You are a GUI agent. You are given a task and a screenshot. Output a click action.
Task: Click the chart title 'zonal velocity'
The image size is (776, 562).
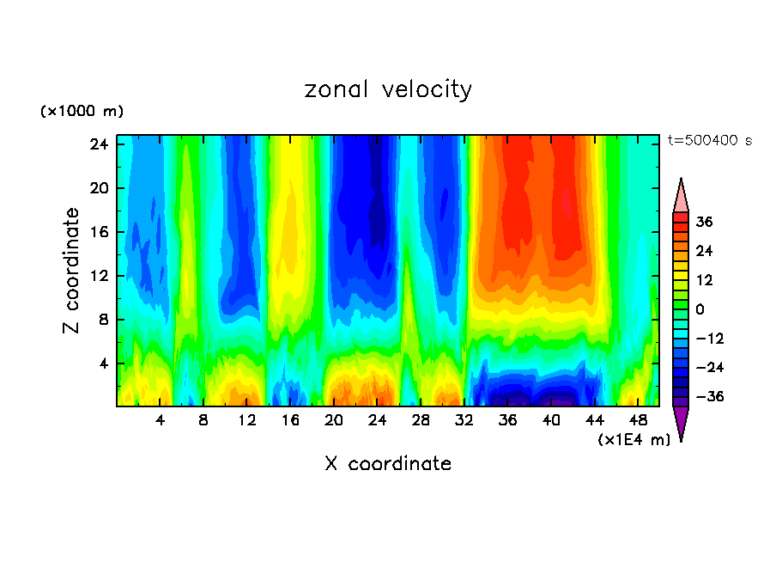[388, 89]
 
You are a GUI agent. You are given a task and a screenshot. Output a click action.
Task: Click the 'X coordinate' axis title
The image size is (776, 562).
[388, 464]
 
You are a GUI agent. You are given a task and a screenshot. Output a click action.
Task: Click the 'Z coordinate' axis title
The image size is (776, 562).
[72, 271]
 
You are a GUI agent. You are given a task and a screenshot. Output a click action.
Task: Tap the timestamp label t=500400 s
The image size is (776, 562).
[710, 140]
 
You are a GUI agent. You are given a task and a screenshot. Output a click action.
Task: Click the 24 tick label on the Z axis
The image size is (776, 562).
[97, 144]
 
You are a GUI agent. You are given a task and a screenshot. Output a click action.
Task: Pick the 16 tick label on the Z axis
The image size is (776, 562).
[97, 232]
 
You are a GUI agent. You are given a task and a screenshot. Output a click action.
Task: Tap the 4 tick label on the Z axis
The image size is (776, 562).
[101, 363]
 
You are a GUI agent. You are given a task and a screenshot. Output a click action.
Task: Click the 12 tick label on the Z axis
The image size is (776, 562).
[97, 276]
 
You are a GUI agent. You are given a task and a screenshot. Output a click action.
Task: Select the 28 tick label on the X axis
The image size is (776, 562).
[421, 420]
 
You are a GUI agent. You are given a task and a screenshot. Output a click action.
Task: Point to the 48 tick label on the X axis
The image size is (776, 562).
[638, 420]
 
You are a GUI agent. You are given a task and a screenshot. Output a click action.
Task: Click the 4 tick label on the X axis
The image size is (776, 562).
[161, 420]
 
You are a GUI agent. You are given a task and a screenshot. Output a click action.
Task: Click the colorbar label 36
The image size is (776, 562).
[704, 222]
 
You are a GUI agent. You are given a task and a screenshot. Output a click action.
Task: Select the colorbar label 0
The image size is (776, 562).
[700, 309]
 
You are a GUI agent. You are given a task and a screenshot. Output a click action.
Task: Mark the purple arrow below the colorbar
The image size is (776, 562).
[681, 423]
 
